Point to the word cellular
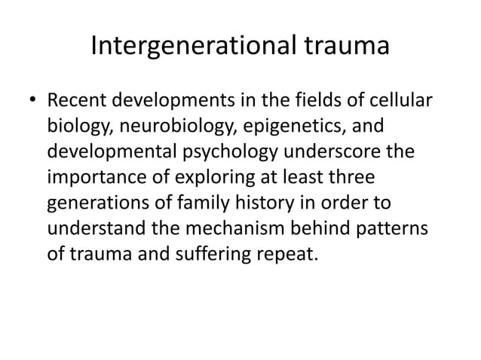pos(404,100)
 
